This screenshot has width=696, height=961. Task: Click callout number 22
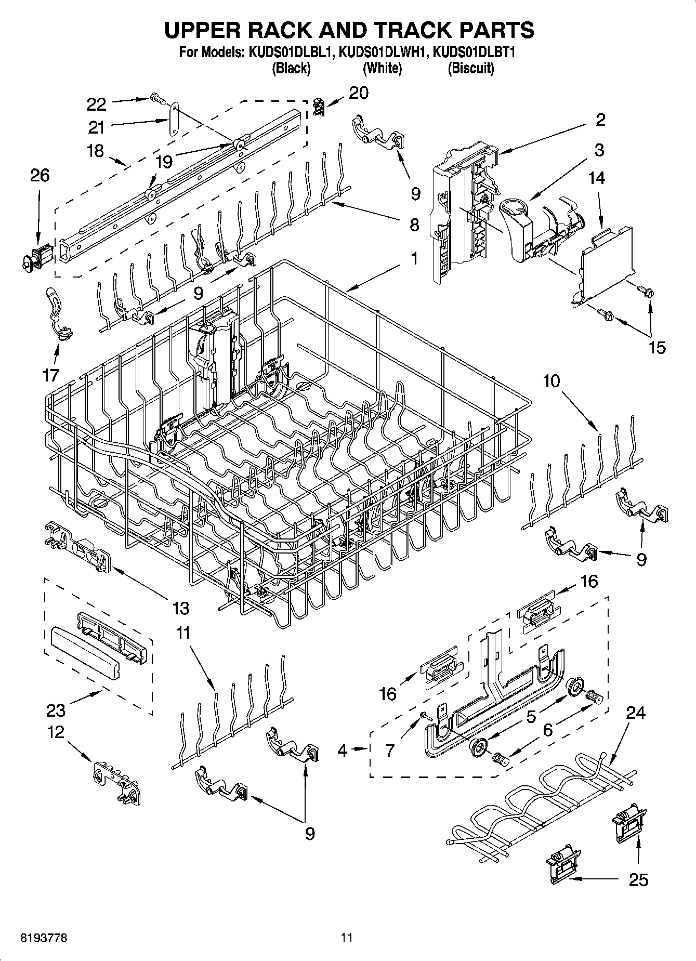(x=97, y=104)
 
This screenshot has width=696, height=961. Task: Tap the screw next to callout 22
(x=155, y=98)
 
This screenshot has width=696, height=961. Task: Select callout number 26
(x=40, y=176)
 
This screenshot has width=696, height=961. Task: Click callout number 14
(x=597, y=178)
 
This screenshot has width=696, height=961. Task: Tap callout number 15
(x=658, y=347)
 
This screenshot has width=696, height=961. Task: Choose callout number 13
(x=180, y=607)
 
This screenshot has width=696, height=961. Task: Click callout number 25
(x=638, y=879)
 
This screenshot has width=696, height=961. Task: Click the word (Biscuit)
(x=471, y=68)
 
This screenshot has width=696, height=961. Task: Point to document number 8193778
(x=44, y=938)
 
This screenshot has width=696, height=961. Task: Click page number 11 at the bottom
(x=347, y=938)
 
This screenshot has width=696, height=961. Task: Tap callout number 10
(x=551, y=381)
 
